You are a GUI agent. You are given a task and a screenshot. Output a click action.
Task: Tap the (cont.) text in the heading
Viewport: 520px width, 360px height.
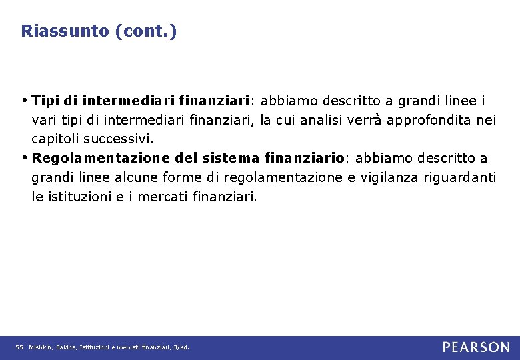(146, 31)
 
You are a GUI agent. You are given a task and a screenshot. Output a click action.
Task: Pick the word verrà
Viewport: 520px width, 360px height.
(364, 121)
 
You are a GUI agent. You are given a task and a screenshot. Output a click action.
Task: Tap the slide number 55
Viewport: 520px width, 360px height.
(19, 347)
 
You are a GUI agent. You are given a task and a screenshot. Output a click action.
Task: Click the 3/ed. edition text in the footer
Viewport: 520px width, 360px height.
(181, 347)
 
